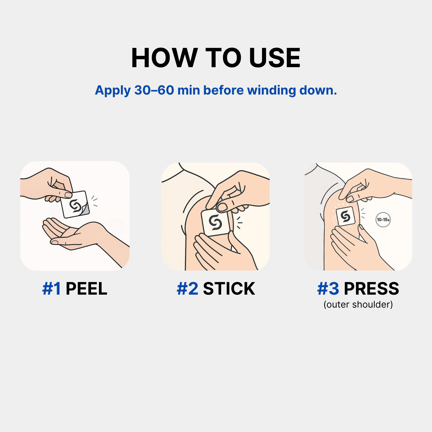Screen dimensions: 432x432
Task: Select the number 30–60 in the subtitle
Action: [x=154, y=90]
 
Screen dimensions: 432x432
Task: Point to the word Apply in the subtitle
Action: [x=113, y=91]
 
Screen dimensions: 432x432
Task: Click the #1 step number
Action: [x=52, y=289]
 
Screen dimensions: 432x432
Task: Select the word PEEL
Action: [x=86, y=289]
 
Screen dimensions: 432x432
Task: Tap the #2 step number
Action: [x=187, y=289]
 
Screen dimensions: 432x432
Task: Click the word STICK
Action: [x=229, y=289]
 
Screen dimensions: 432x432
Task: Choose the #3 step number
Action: [x=328, y=289]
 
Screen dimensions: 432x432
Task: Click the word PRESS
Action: [x=371, y=289]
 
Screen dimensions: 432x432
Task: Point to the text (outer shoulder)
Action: [x=358, y=304]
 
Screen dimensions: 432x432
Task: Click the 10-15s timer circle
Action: [x=383, y=220]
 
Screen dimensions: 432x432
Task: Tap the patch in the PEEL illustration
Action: [x=74, y=205]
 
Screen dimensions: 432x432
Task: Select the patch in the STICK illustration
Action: [x=216, y=222]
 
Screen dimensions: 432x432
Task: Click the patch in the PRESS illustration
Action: [x=345, y=216]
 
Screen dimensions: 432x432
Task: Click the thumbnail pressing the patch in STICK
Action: [x=222, y=207]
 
